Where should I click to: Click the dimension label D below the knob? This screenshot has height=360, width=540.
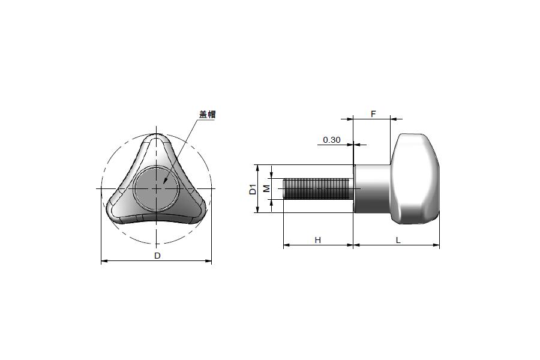click(x=157, y=256)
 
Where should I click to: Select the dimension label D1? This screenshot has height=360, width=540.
click(x=253, y=190)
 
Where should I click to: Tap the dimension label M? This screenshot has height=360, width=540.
click(x=266, y=188)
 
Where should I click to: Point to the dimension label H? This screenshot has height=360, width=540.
click(x=318, y=240)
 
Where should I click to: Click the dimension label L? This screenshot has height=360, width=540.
click(x=398, y=240)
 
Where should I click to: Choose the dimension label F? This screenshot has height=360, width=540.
click(x=373, y=113)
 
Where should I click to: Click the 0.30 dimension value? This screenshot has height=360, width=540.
click(x=332, y=140)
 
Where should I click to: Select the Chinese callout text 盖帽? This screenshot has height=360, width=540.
click(x=208, y=115)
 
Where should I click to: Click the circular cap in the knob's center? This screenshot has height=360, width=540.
click(x=156, y=188)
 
